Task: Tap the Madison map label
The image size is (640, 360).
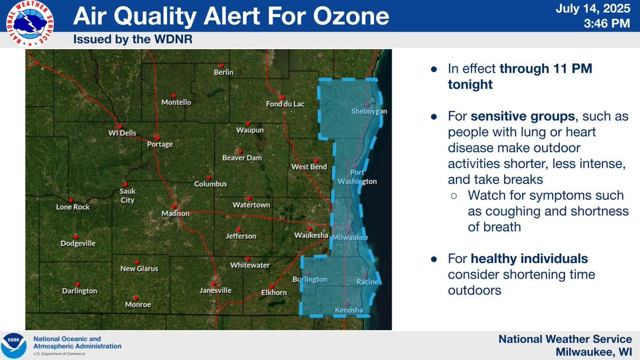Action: coord(175,213)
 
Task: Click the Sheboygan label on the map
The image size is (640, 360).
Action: coord(369,111)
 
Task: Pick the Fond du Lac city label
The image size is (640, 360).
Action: coord(285,104)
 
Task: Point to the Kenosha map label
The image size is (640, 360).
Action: coord(349,310)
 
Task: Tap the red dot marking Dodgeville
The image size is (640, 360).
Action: coord(76,235)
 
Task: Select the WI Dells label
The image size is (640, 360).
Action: coord(120,132)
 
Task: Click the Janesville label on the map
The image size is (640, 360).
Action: coord(215,291)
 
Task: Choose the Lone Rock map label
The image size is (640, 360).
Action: coord(73,207)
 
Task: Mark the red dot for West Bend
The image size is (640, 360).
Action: coord(316,159)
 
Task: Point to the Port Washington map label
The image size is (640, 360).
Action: coord(357,177)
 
